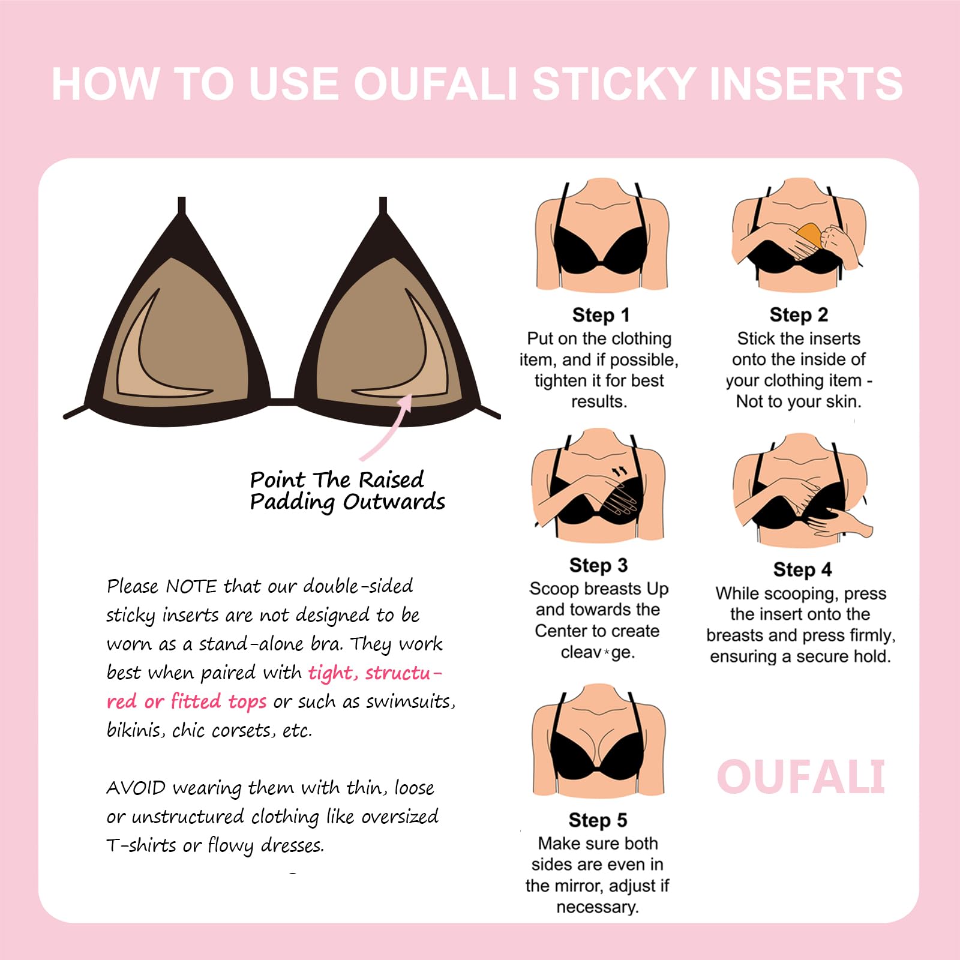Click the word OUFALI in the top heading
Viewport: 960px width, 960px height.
(436, 84)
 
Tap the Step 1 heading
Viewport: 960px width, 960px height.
(601, 315)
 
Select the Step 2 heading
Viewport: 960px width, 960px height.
(799, 314)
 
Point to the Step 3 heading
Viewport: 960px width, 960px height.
(598, 565)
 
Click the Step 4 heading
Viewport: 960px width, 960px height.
(802, 569)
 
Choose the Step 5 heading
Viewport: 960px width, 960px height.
(598, 820)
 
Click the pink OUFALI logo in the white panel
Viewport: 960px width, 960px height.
(801, 777)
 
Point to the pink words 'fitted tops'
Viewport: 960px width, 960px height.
(218, 701)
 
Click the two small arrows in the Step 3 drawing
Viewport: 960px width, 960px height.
(618, 472)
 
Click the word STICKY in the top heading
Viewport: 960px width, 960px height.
(613, 84)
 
